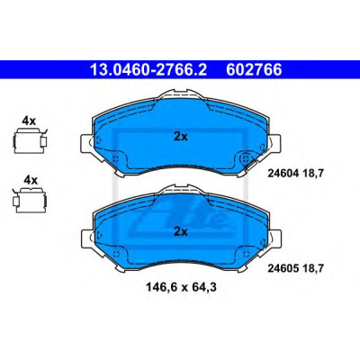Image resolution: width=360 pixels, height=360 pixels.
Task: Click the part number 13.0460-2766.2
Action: coord(148,69)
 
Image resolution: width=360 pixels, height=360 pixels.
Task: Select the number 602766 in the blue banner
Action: coord(254,69)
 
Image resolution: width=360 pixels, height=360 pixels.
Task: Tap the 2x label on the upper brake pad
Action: coord(181,137)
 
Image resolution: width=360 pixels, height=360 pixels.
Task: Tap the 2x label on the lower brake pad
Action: coord(181,231)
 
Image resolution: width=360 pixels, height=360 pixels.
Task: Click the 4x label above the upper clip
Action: coord(29,121)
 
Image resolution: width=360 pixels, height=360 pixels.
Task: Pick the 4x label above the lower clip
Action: coord(31,180)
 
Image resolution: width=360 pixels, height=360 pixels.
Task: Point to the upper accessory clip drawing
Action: coord(31,140)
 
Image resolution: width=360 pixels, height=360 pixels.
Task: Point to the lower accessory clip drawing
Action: coord(30,200)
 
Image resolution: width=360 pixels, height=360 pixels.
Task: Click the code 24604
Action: coord(283,174)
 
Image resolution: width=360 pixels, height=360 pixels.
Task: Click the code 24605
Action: coord(283,268)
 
